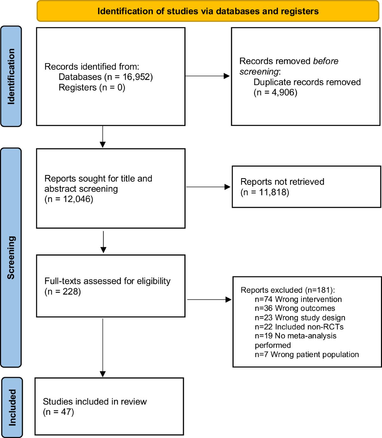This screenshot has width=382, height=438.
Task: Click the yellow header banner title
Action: [208, 11]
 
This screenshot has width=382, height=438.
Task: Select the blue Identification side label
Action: [11, 76]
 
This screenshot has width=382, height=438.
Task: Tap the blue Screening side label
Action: [11, 257]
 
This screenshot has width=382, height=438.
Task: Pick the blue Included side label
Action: [12, 407]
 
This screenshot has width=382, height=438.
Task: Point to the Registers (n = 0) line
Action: [92, 88]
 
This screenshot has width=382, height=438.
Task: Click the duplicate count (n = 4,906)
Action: [275, 93]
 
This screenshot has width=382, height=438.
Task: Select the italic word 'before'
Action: [325, 61]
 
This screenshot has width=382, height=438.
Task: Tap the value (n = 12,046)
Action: [69, 199]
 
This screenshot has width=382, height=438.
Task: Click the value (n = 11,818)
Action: [265, 192]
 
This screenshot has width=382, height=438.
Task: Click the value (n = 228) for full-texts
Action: [63, 292]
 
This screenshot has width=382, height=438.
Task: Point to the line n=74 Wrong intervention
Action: [298, 299]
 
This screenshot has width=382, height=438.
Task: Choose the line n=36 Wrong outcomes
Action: [295, 308]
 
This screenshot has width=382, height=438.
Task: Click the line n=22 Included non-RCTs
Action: [299, 327]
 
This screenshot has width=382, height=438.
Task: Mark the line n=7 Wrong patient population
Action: [307, 355]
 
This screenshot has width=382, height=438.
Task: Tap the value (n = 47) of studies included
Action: [59, 412]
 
